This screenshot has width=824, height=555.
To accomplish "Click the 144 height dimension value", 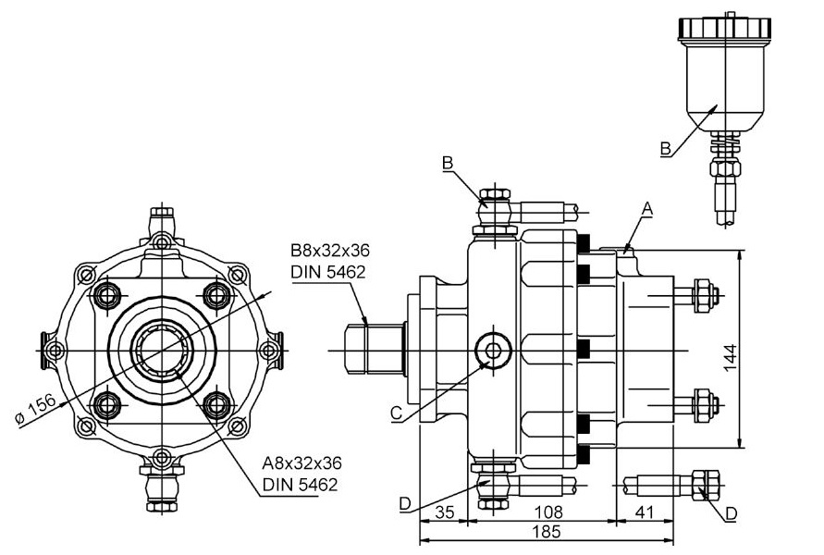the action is point(731,358).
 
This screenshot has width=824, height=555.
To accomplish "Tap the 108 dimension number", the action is point(547,512).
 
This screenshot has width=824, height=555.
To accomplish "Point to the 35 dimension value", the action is point(445,512).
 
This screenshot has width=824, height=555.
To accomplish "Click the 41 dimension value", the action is point(644,512).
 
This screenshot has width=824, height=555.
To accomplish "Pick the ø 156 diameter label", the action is point(35,409).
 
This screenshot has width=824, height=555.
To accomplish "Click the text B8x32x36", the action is point(330,250).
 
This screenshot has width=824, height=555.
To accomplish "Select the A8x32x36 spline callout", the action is point(301,463).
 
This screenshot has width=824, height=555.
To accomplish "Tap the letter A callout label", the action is point(647,209).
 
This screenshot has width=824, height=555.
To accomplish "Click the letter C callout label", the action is point(397,413).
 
